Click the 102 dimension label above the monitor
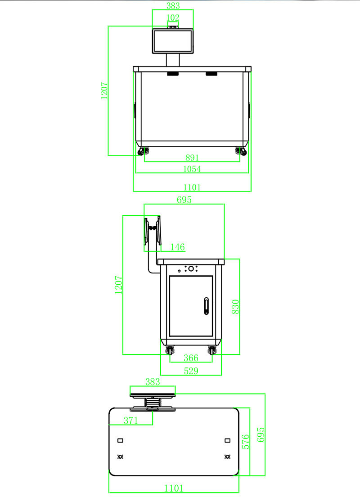coord(173,18)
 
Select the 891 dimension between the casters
coord(192,157)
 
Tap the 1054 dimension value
coord(192,169)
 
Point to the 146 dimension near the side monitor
coord(178,247)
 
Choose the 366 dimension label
coord(191,358)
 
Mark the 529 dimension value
coord(191,371)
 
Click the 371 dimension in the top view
coord(130,420)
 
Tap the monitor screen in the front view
coord(173,41)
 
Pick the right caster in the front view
coord(241,152)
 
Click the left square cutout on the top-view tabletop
coord(120,440)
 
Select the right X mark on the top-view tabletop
coord(227,457)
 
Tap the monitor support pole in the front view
coord(173,60)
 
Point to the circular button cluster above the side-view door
coord(191,269)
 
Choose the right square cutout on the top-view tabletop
coord(227,440)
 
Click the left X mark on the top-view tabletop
coord(120,457)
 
